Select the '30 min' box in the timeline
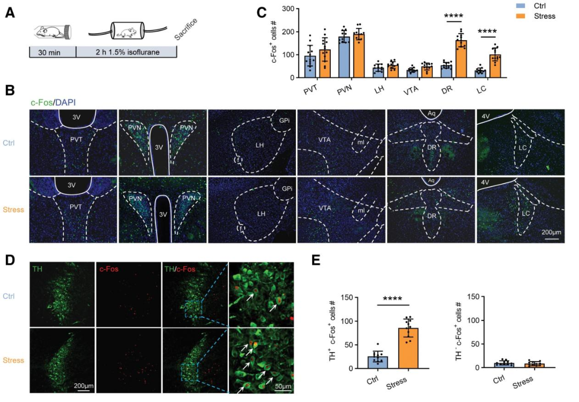click(52, 53)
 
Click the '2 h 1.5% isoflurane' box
click(126, 53)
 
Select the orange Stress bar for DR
click(461, 59)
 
